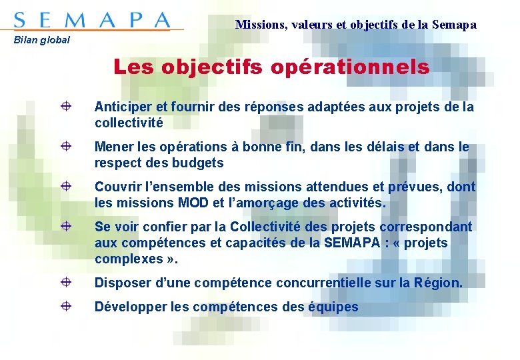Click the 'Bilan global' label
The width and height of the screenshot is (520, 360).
click(42, 40)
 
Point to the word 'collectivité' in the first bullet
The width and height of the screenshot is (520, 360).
click(129, 123)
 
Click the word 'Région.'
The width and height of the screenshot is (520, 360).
click(437, 283)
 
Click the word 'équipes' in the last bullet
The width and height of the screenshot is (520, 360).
click(333, 307)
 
